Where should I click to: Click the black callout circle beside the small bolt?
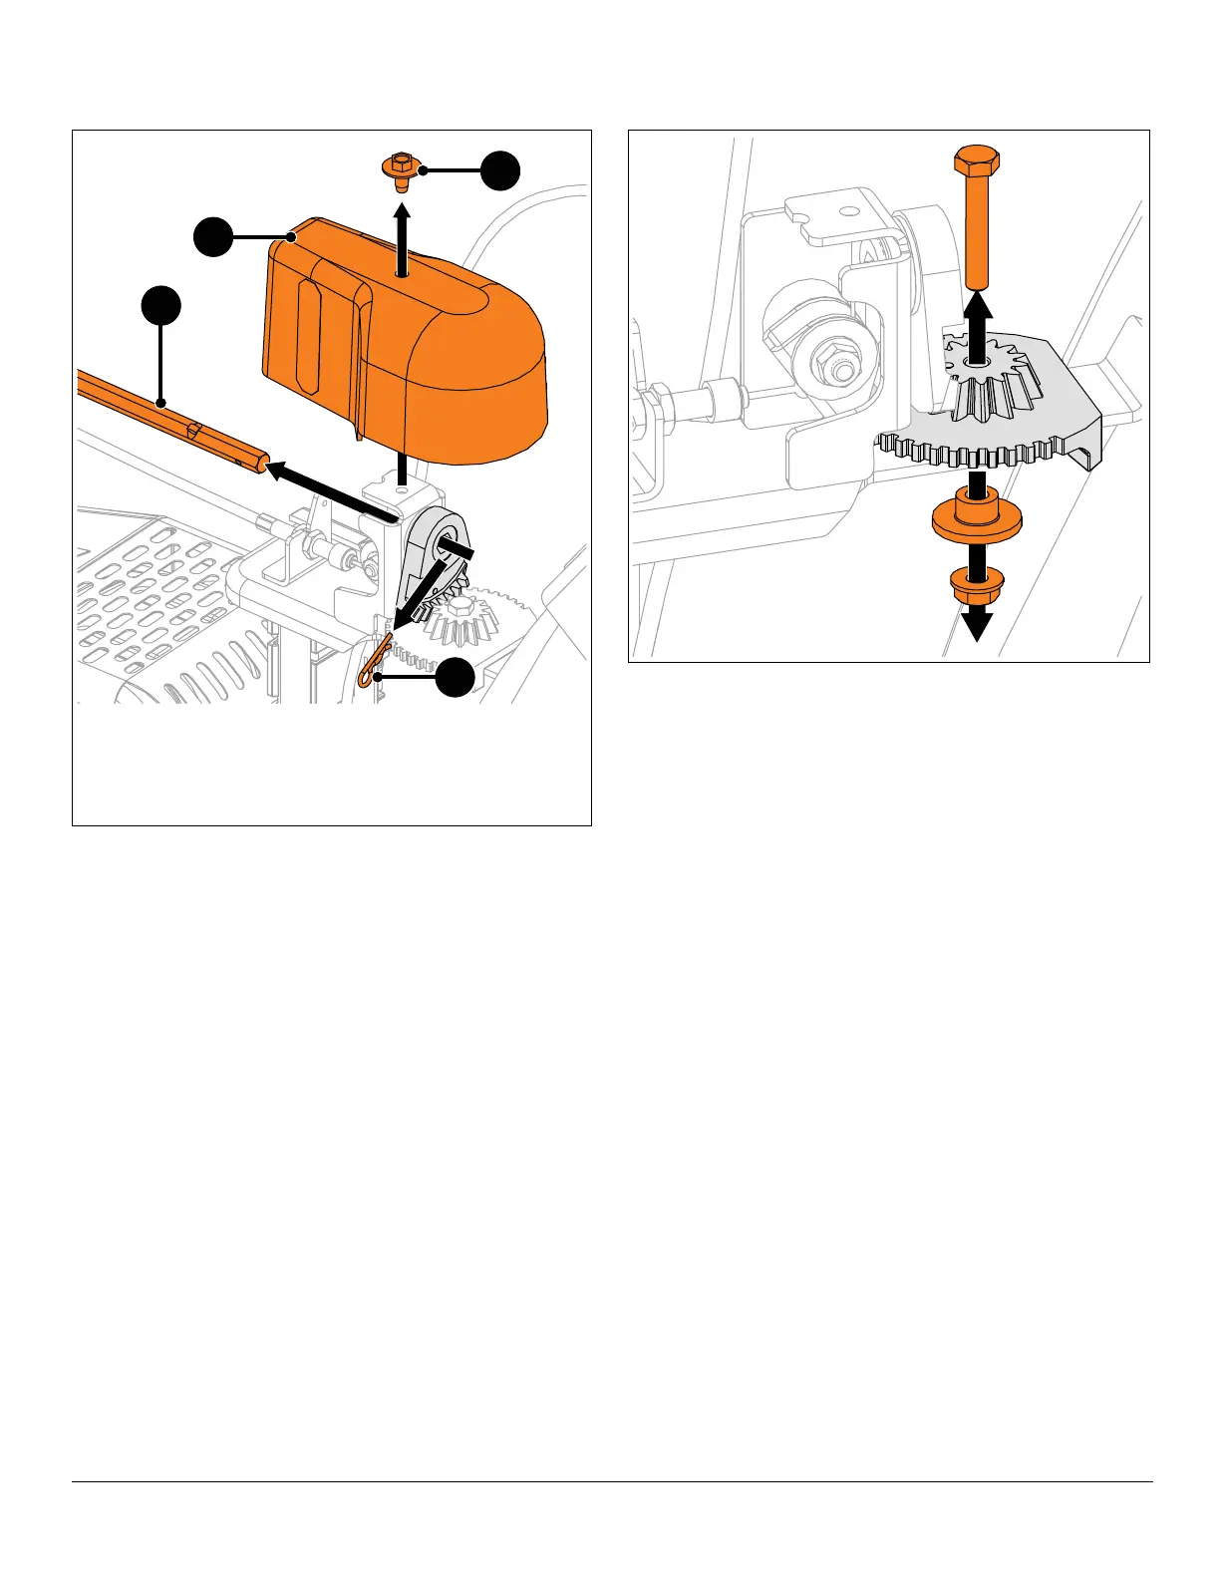pyautogui.click(x=499, y=170)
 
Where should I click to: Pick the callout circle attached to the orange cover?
pyautogui.click(x=213, y=237)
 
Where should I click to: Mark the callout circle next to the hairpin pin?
pyautogui.click(x=455, y=678)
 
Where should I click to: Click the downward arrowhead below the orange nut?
pyautogui.click(x=976, y=626)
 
